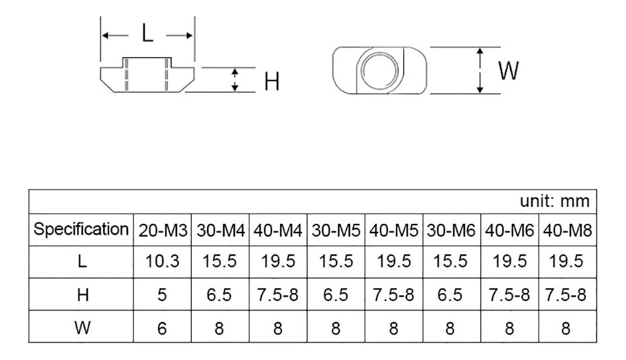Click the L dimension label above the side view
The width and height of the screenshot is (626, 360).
[x=147, y=34]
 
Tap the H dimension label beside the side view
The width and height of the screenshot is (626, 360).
[x=271, y=82]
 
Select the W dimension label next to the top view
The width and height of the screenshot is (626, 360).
[x=509, y=70]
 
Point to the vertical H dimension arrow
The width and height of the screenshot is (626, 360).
[x=234, y=80]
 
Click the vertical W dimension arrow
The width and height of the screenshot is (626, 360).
[x=480, y=70]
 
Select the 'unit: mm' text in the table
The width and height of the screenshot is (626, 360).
[x=555, y=201]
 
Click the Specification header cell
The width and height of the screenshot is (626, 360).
[x=81, y=229]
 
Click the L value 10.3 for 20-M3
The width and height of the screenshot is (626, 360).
[x=164, y=261]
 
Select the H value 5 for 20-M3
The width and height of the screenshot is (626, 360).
[x=164, y=295]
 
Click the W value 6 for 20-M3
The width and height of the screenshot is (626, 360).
[x=164, y=328]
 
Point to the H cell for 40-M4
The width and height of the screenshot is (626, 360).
[x=277, y=295]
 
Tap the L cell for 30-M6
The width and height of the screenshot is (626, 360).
[x=450, y=261]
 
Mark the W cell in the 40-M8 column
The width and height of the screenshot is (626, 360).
[x=567, y=328]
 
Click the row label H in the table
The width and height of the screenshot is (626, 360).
[x=82, y=295]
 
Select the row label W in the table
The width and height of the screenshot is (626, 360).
[x=82, y=328]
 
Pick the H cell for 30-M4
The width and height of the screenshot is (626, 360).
[x=221, y=295]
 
